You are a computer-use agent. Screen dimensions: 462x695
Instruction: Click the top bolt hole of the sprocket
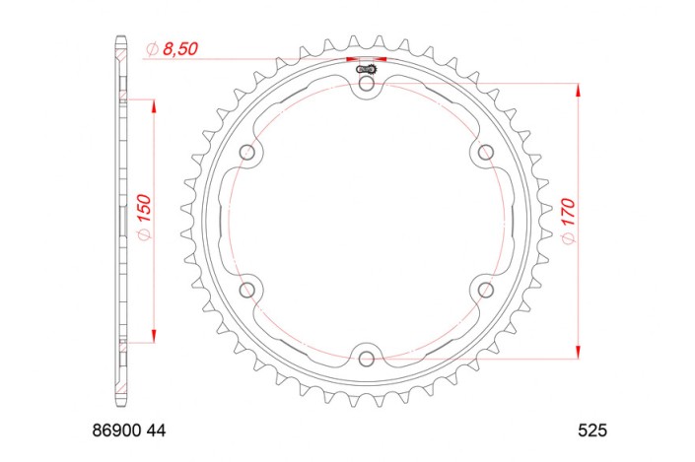(x=367, y=86)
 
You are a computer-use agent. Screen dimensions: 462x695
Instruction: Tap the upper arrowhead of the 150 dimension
(x=153, y=105)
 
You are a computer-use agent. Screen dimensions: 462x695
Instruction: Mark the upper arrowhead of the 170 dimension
(x=578, y=91)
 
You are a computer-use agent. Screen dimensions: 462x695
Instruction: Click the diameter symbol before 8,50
(x=152, y=48)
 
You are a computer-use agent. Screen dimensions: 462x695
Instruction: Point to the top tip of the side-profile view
(x=120, y=39)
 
